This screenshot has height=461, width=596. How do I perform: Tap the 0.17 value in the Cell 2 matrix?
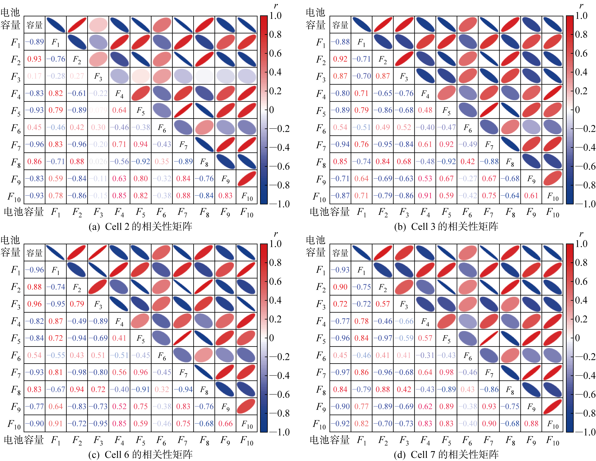34,76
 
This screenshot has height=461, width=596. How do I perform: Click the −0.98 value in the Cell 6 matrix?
77,372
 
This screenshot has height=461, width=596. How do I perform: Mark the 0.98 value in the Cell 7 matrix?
446,372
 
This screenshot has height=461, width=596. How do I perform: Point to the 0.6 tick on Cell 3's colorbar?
581,53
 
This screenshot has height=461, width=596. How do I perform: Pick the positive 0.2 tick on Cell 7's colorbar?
581,319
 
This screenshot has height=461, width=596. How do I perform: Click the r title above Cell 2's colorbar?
276,5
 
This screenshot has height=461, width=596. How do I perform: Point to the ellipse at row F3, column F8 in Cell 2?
204,76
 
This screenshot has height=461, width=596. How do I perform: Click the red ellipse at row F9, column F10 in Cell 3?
553,179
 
